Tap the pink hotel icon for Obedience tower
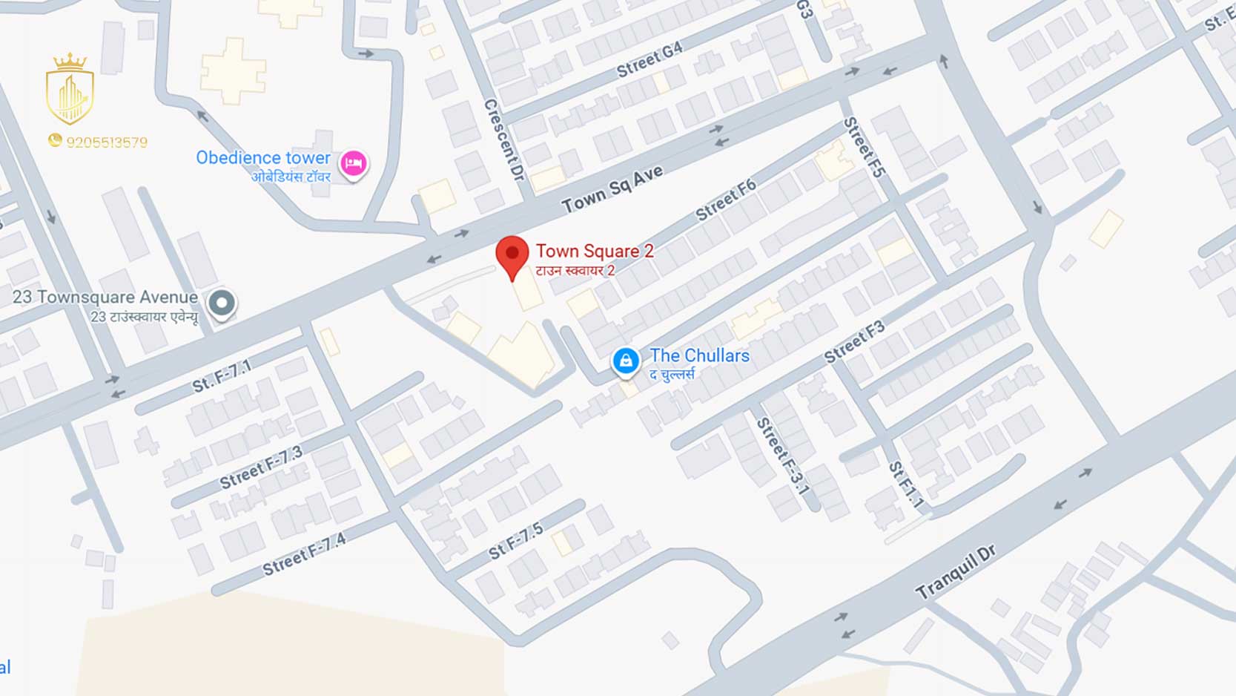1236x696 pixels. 353,163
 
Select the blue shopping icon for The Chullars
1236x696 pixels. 625,361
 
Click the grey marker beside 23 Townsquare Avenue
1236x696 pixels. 221,303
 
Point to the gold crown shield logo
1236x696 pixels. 70,90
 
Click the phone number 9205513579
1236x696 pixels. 107,142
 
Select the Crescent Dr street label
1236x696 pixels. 505,139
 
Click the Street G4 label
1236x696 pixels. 650,60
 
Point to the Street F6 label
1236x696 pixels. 726,200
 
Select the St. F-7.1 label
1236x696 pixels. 222,376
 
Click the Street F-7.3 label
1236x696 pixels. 261,467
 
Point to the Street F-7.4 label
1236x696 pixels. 304,554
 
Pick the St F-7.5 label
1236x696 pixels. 516,542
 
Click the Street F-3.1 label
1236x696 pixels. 781,456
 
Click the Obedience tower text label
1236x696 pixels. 262,158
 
